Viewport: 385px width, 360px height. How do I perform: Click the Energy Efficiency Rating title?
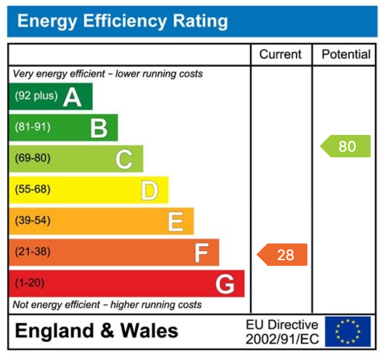[x=122, y=22]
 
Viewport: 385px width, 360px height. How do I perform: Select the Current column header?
[x=280, y=55]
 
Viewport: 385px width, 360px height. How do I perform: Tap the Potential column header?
[x=346, y=55]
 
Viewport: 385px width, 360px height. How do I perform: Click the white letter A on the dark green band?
[x=72, y=97]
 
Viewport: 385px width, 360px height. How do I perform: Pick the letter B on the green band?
[x=99, y=128]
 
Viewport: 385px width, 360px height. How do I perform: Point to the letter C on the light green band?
[x=124, y=159]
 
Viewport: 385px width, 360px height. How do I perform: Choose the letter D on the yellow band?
[x=149, y=191]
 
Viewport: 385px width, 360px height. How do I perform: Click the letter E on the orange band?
[x=175, y=222]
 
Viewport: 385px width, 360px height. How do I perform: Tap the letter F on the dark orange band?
[x=201, y=253]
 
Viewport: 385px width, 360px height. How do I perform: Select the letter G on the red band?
[x=225, y=284]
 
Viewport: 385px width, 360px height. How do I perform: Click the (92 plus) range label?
[x=36, y=96]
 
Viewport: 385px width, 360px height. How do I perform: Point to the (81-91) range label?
[x=33, y=127]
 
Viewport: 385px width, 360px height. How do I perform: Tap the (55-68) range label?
[x=33, y=189]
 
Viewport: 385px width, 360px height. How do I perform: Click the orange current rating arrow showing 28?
[x=283, y=254]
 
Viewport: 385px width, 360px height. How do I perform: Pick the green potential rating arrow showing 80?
[x=345, y=146]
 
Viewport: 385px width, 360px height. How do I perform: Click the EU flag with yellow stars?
[x=348, y=331]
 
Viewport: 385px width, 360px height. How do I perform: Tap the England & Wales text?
[x=97, y=331]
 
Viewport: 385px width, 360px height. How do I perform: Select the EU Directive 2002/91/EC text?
[x=282, y=332]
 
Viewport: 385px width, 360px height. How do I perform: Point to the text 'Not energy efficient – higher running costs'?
[x=107, y=304]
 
